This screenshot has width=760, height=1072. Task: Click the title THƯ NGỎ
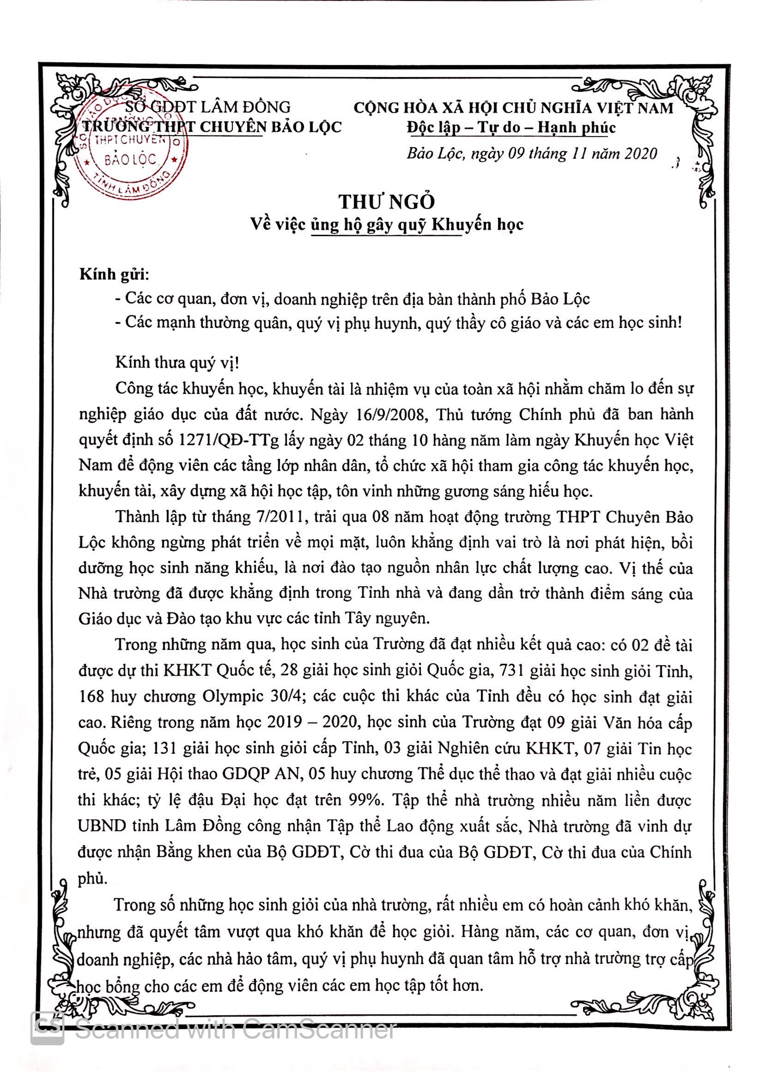386,202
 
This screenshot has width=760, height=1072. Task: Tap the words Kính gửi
114,274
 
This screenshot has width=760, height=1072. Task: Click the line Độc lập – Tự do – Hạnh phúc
511,127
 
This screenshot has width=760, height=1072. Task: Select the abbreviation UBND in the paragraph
101,825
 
